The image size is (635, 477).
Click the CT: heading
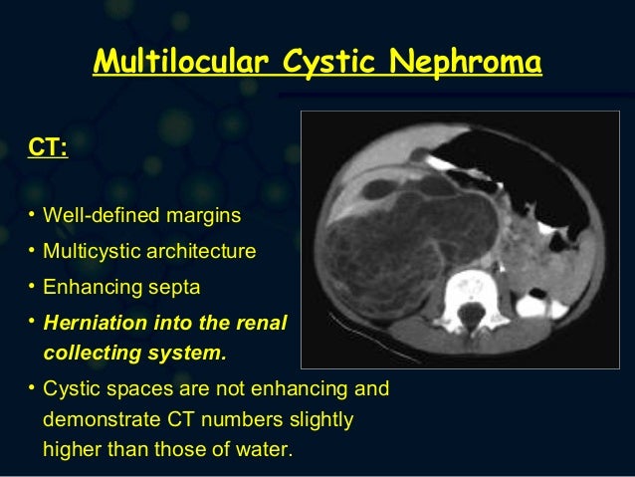[49, 149]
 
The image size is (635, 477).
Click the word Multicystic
[91, 251]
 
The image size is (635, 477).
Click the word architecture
[199, 251]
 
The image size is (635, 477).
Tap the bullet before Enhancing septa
[32, 288]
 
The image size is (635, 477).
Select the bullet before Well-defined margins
[32, 215]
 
